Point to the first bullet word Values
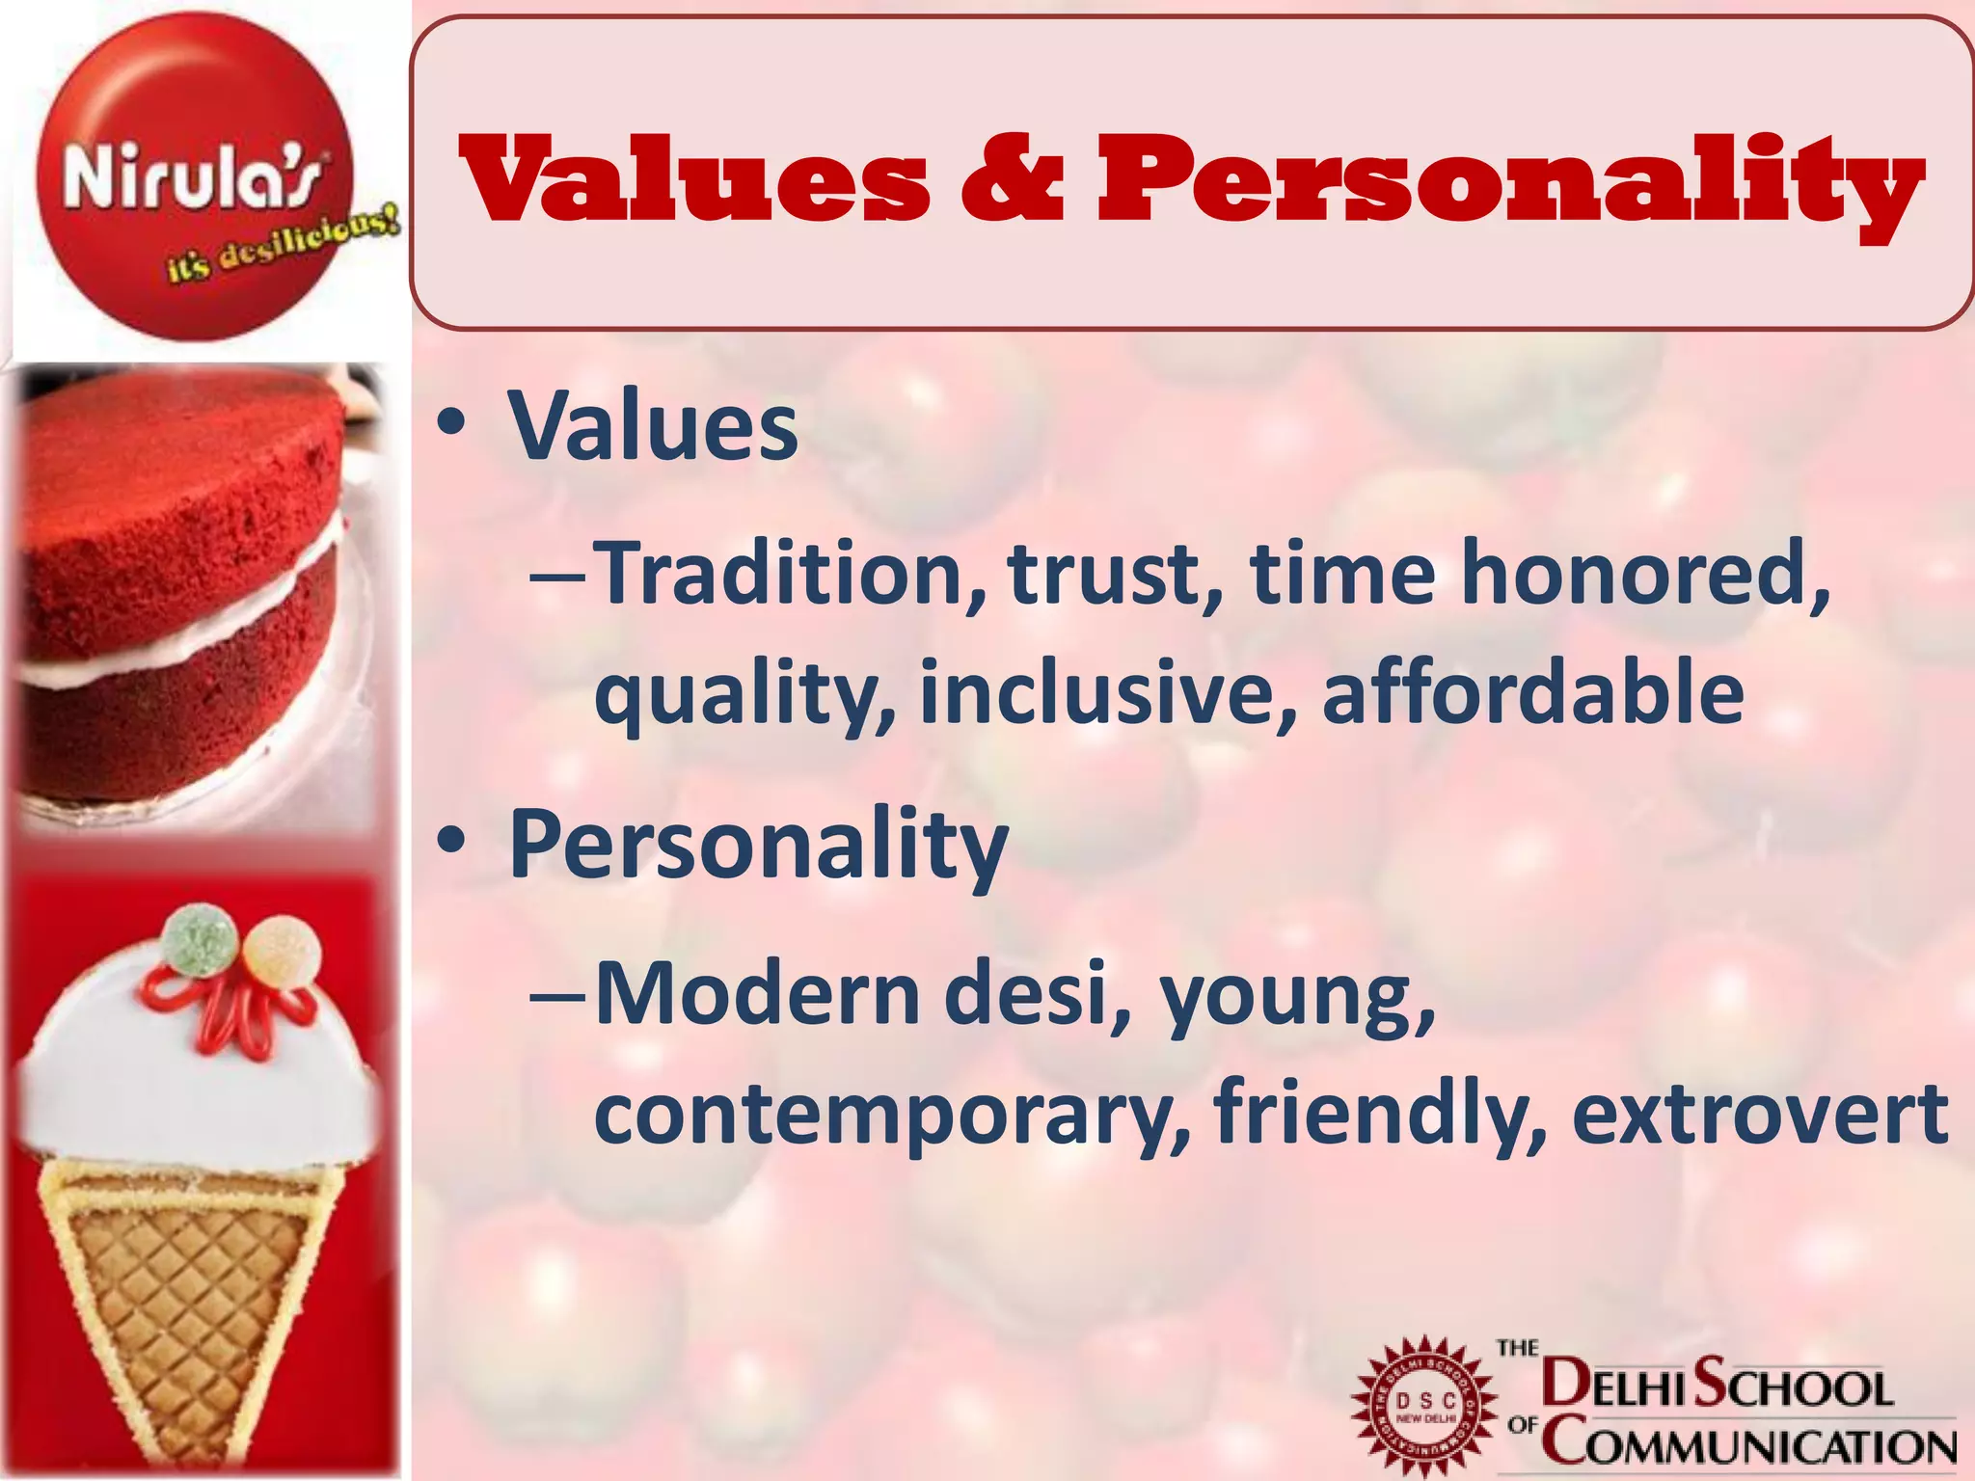click(653, 426)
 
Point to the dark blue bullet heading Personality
click(758, 845)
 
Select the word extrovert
click(1761, 1115)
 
